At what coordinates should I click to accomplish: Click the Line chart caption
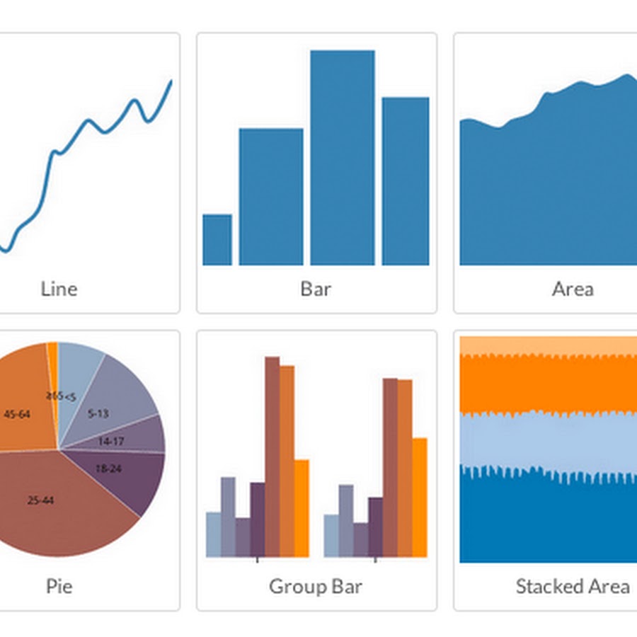coord(59,289)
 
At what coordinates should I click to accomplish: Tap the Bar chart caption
coord(316,289)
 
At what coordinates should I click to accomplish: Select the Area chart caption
coord(573,289)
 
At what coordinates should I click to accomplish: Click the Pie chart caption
coord(59,587)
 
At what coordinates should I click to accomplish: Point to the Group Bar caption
coord(316,587)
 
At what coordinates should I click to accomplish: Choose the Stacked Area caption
coord(573,587)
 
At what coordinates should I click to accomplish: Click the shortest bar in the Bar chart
coord(217,240)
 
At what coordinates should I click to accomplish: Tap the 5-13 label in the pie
coord(98,413)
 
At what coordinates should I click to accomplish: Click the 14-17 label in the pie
coord(111,441)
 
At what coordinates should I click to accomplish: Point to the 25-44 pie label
coord(40,500)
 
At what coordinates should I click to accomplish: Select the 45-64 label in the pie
coord(17,414)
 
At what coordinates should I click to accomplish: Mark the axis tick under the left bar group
coord(257,560)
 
